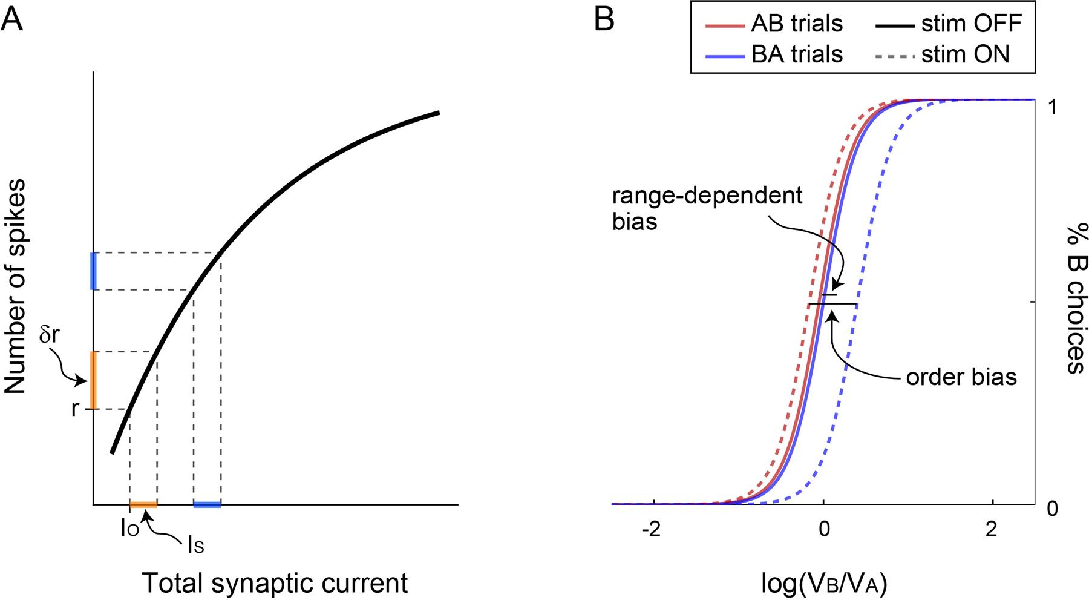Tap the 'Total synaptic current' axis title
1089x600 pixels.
click(x=275, y=584)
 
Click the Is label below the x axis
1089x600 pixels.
click(x=195, y=547)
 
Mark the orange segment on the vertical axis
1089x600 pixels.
click(x=93, y=380)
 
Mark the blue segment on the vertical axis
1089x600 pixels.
click(x=93, y=271)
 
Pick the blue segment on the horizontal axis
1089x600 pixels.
click(x=207, y=504)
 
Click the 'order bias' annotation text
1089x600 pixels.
click(x=961, y=377)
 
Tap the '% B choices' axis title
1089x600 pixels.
click(x=1074, y=298)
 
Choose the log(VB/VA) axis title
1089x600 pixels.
click(x=824, y=584)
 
